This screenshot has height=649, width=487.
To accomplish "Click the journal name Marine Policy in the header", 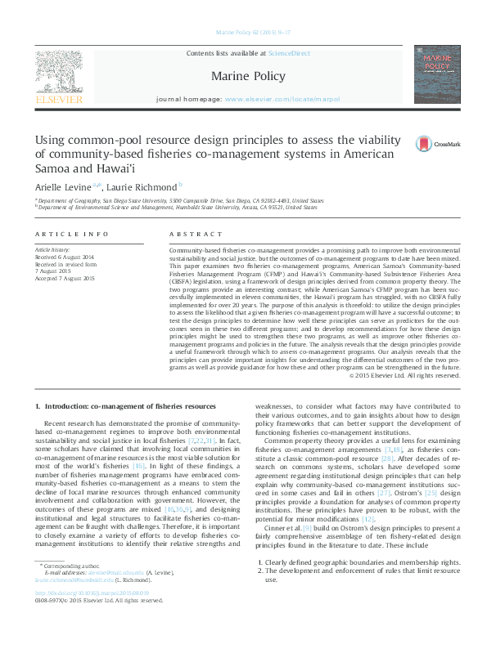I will tap(248, 77).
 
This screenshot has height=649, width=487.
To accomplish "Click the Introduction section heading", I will tap(124, 406).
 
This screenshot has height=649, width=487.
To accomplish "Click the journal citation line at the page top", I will tap(248, 34).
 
